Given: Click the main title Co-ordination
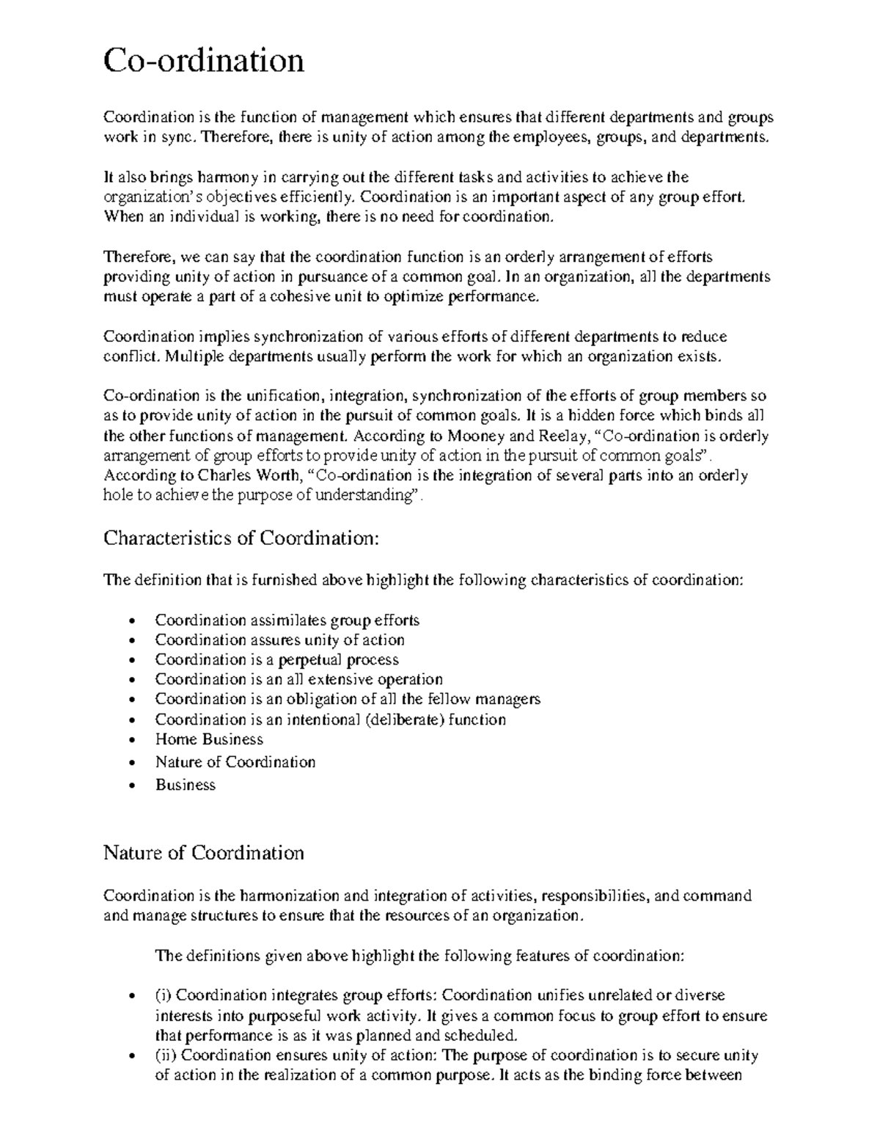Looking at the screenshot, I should click(x=203, y=60).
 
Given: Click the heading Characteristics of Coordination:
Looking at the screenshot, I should click(x=242, y=538).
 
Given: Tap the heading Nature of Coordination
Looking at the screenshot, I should click(x=203, y=853).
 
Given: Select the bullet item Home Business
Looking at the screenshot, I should click(x=209, y=739).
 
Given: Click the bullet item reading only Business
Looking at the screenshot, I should click(x=185, y=785).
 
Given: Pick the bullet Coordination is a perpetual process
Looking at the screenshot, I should click(x=276, y=659).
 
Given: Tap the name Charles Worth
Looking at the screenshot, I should click(x=239, y=475).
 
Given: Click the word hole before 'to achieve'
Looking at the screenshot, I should click(x=117, y=495).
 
